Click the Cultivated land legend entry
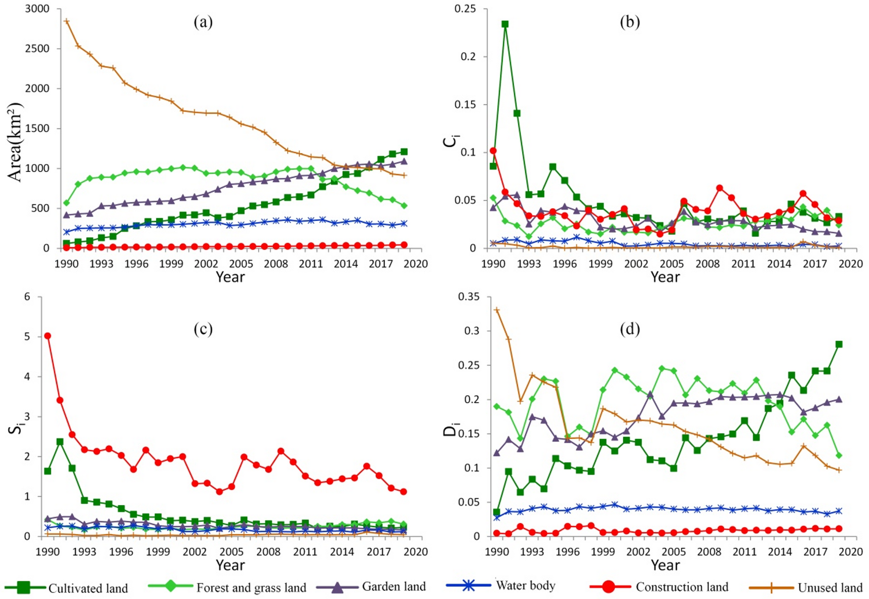tap(66, 588)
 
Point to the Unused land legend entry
tap(806, 587)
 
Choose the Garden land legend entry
tap(371, 587)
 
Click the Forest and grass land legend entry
tap(227, 587)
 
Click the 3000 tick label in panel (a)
tap(37, 9)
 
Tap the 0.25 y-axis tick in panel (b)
tap(466, 9)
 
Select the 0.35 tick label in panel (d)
tap(468, 297)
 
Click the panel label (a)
tap(203, 22)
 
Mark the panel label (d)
tap(629, 329)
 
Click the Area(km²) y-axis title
tap(15, 142)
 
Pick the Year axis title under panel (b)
tap(665, 277)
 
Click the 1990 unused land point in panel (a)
tap(66, 21)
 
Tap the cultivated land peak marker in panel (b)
tap(505, 24)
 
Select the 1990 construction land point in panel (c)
tap(48, 335)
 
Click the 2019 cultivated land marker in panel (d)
tap(839, 344)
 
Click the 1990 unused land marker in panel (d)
tap(497, 310)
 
